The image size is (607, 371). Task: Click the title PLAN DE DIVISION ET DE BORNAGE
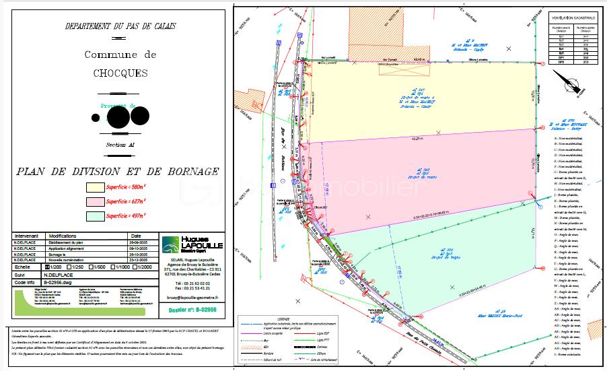click(x=118, y=172)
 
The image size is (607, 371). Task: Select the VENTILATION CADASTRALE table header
click(x=573, y=17)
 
